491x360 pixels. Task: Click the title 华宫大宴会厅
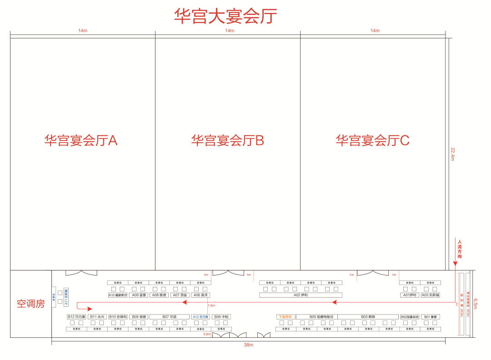coord(225,16)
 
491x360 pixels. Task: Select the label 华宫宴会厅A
coord(81,140)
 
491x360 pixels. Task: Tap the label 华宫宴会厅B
coord(227,140)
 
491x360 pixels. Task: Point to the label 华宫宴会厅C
coord(372,140)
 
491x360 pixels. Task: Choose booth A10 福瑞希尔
coord(118,295)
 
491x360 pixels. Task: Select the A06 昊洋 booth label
coord(201,295)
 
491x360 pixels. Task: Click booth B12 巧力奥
coord(76,316)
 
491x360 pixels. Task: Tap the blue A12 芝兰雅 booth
coord(200,316)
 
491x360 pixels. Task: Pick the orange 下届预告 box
coord(286,316)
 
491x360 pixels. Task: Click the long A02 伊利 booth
coord(301,295)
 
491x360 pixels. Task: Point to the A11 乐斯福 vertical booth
coord(65,296)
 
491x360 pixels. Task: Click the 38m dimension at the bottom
coord(248,345)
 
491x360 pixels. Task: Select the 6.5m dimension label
coord(476,304)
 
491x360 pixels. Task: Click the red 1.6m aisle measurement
coord(211,305)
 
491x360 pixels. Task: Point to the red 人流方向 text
coord(460,250)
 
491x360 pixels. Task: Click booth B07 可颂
coord(169,316)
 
